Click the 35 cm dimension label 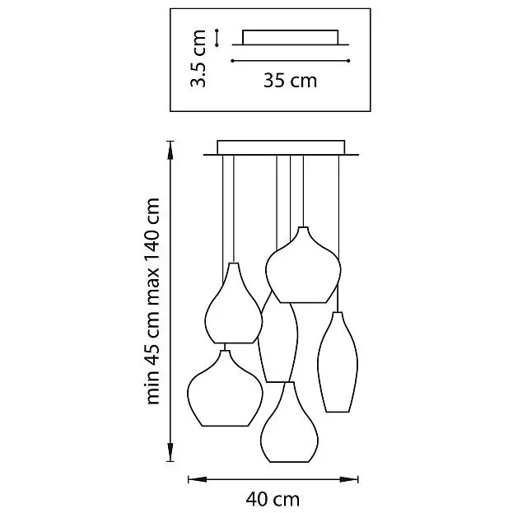(290, 81)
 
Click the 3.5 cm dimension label (198, 58)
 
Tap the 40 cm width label (273, 499)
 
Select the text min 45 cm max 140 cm (152, 301)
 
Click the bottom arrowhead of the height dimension (170, 452)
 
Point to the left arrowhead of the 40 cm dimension (198, 479)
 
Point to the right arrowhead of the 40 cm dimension (349, 479)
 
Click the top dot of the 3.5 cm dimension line (217, 30)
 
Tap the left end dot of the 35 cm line (232, 61)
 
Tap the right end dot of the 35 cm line (348, 61)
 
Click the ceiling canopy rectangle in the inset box (290, 37)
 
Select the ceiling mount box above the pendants (281, 147)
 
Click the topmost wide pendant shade (303, 265)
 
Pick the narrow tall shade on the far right (338, 362)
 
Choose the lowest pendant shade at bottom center (289, 422)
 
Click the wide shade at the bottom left (225, 389)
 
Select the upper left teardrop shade (234, 303)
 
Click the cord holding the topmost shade (303, 191)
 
